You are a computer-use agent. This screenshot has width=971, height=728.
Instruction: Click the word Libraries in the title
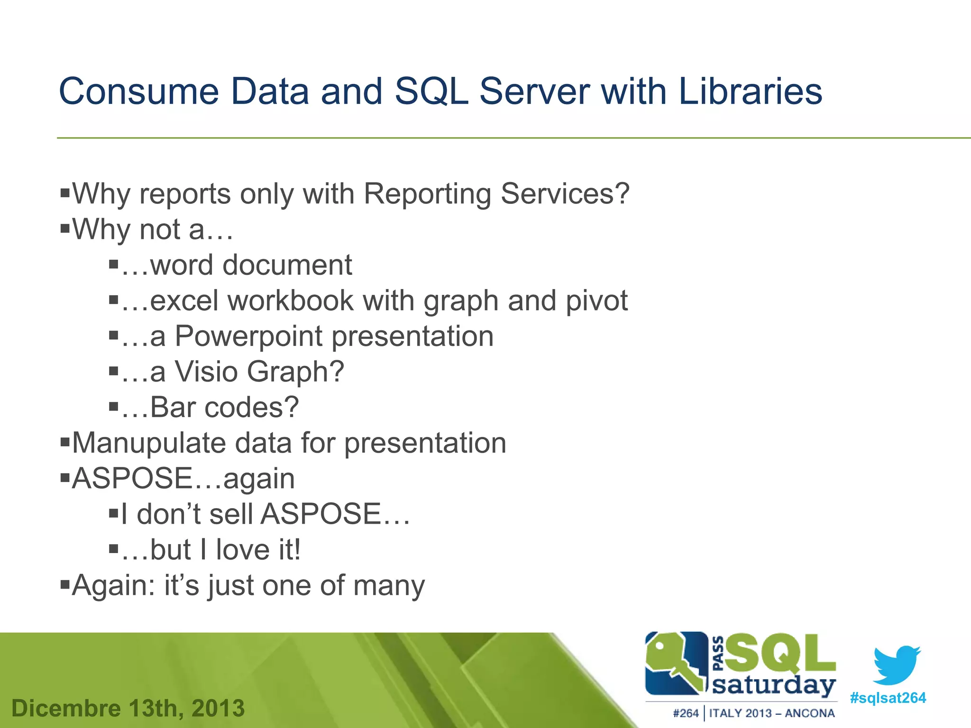click(x=750, y=91)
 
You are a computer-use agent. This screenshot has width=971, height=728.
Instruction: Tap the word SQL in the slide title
click(x=431, y=91)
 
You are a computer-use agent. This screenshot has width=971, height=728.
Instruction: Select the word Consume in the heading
click(x=138, y=91)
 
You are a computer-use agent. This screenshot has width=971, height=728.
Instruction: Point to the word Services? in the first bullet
click(x=565, y=194)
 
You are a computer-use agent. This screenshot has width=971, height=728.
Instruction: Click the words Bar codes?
click(x=224, y=408)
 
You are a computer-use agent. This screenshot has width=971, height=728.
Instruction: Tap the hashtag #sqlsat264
click(x=888, y=698)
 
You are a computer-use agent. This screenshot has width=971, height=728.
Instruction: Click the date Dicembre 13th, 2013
click(x=128, y=709)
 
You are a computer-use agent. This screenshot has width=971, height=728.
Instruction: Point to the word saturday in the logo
click(x=774, y=685)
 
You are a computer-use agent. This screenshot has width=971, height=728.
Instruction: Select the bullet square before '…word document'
click(x=113, y=264)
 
